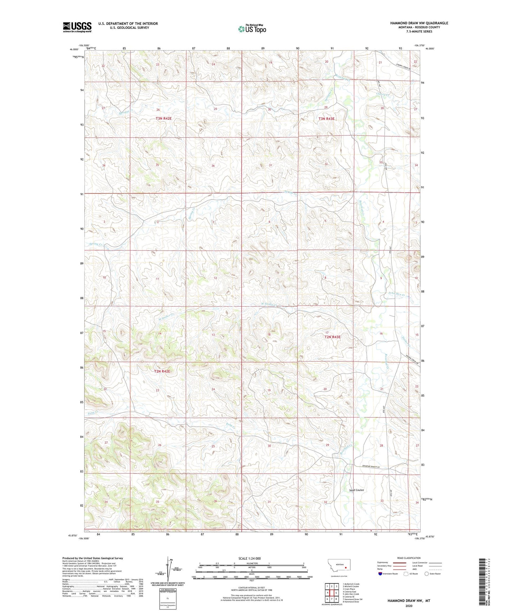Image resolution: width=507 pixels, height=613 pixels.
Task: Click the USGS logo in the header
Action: click(77, 27)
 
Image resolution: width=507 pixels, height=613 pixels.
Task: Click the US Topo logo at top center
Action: click(252, 29)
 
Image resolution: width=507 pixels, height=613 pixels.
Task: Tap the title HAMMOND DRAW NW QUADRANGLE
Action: click(419, 23)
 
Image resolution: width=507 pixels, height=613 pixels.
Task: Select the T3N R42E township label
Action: click(164, 119)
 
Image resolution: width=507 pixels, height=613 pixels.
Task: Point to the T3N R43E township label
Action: click(326, 119)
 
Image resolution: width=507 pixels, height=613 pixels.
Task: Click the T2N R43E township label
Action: click(332, 337)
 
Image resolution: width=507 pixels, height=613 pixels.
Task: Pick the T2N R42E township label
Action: click(162, 371)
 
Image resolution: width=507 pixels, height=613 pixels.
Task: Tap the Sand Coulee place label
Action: click(356, 490)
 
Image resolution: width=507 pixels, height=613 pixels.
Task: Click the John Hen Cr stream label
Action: click(396, 295)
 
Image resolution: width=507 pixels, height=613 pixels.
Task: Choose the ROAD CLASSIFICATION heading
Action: click(409, 558)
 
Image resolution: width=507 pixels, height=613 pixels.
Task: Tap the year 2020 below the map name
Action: click(409, 606)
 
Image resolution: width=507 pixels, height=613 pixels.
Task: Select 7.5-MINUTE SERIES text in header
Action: click(419, 32)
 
